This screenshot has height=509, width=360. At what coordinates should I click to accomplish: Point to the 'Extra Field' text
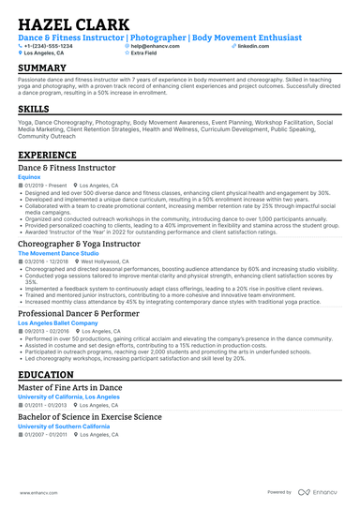coord(145,53)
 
